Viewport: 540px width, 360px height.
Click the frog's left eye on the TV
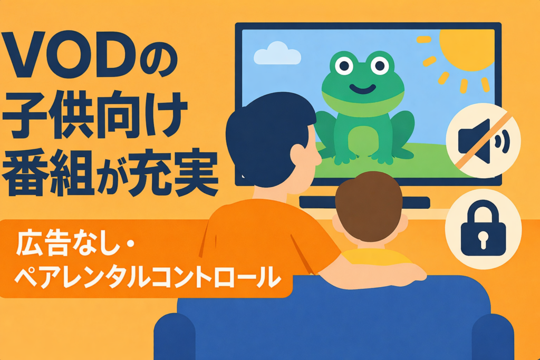pyautogui.click(x=344, y=65)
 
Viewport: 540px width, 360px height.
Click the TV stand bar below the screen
pyautogui.click(x=364, y=202)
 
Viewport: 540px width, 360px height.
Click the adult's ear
pyautogui.click(x=297, y=156)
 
